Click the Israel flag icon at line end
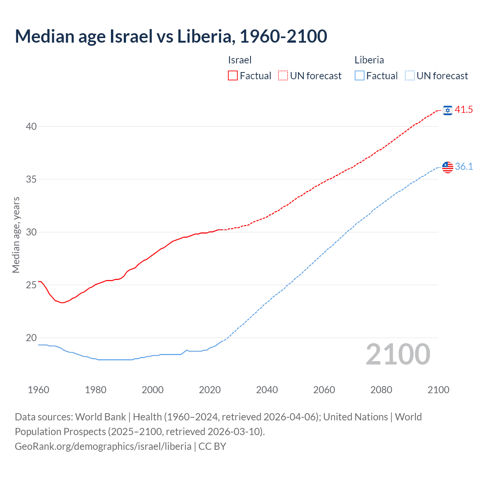coord(448,110)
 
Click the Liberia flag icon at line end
coord(448,167)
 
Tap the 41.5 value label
coord(464,110)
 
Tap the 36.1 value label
coord(464,167)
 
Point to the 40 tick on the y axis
coord(31,126)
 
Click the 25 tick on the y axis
coord(31,285)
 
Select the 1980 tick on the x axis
coord(95,390)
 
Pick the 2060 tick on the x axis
coord(324,390)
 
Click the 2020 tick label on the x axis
coord(210,390)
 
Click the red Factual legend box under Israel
coord(233,76)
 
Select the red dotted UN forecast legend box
coord(283,76)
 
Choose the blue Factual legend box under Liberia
coord(360,76)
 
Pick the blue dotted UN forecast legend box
coord(409,76)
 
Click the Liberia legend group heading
coord(369,60)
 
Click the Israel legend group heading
coord(240,60)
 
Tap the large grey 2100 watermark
coord(398,354)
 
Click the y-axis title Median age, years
coord(16,235)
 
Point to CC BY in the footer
coord(212,446)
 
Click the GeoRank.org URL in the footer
coord(103,446)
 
